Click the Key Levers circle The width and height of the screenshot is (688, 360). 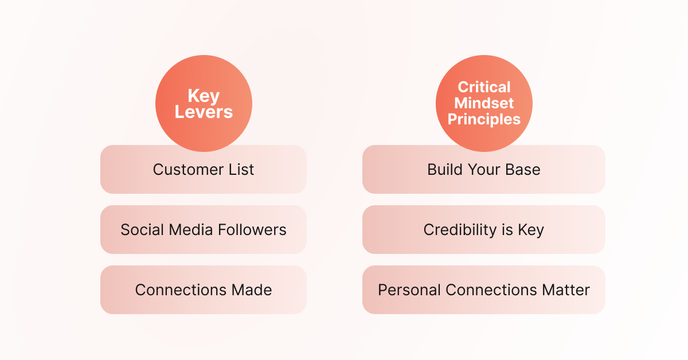[204, 103]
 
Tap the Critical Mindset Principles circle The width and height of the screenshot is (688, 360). [484, 103]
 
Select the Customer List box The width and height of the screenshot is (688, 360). [204, 170]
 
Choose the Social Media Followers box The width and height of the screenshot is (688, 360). [204, 230]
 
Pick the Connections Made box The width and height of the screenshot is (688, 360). [204, 290]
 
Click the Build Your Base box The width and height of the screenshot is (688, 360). [484, 170]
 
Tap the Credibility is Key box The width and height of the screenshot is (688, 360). [484, 230]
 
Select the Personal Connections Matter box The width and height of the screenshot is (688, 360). [484, 290]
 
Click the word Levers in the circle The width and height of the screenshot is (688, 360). [204, 112]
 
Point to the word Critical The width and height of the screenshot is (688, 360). [484, 87]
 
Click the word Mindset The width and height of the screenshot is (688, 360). [484, 103]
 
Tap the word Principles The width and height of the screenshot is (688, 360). [484, 119]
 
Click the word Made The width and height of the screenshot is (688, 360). [252, 290]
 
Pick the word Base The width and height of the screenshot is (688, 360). [523, 170]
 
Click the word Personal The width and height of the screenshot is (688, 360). [409, 290]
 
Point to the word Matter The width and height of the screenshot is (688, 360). [566, 290]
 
